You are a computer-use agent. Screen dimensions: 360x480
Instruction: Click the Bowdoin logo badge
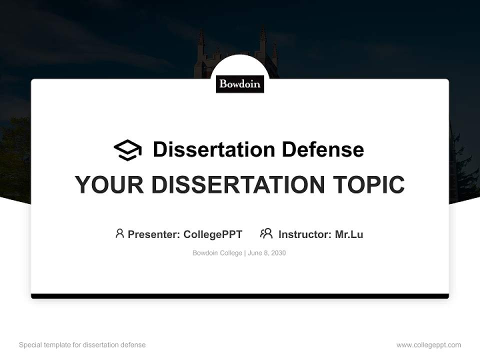tap(240, 84)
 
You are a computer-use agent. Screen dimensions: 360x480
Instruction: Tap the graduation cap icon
tap(127, 150)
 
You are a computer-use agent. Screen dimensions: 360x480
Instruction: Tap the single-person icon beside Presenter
tap(119, 233)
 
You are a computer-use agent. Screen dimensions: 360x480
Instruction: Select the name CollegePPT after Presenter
tap(212, 234)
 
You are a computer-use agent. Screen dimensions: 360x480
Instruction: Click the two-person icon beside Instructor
tap(266, 233)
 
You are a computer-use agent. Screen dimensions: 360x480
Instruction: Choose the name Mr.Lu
tap(349, 234)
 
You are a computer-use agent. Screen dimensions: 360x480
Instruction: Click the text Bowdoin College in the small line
tap(217, 253)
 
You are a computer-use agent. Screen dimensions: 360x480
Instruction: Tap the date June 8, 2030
tap(267, 253)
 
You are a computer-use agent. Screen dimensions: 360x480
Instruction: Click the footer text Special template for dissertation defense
tap(82, 345)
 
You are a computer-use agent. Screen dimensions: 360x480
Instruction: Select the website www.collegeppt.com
tap(428, 345)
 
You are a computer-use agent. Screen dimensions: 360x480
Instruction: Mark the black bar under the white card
tap(240, 296)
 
